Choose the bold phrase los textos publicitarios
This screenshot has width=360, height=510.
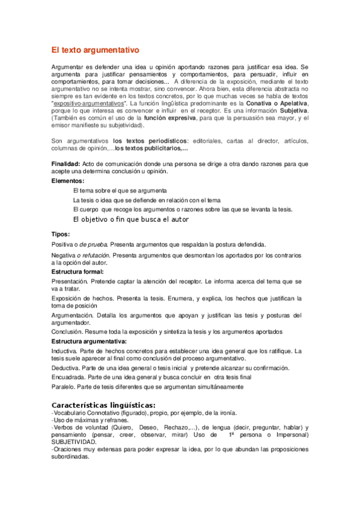point(151,148)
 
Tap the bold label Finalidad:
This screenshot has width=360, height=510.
point(66,164)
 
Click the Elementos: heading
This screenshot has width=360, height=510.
point(68,180)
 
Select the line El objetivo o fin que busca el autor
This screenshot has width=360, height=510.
point(130,220)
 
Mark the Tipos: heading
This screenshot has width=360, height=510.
point(61,234)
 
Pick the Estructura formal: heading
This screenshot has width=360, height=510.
point(78,272)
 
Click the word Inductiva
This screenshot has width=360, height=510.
point(66,351)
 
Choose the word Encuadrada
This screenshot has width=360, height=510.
point(69,376)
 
